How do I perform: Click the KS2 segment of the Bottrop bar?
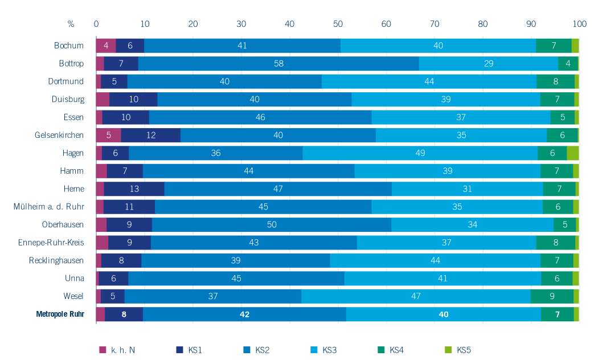[x=278, y=63]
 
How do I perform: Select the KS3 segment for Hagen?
[x=420, y=153]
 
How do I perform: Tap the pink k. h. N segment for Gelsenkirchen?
[x=108, y=135]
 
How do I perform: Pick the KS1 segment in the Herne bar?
[x=134, y=189]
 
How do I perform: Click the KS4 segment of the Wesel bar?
[x=552, y=296]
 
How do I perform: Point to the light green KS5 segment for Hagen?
[x=573, y=153]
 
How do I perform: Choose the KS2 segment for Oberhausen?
[x=272, y=224]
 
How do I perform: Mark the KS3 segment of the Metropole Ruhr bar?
[x=443, y=314]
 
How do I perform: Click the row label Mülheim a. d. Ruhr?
[x=49, y=207]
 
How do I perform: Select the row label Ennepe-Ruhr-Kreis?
[x=51, y=243]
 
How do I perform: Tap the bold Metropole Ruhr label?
[x=60, y=314]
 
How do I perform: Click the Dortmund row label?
[x=66, y=81]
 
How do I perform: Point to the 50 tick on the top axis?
[x=338, y=24]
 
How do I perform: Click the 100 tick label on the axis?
[x=579, y=24]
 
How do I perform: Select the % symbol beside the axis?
[x=71, y=24]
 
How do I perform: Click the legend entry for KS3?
[x=323, y=349]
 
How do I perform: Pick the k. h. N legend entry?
[x=117, y=349]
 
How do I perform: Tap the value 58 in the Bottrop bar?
[x=278, y=63]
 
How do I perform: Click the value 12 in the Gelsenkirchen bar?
[x=150, y=135]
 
